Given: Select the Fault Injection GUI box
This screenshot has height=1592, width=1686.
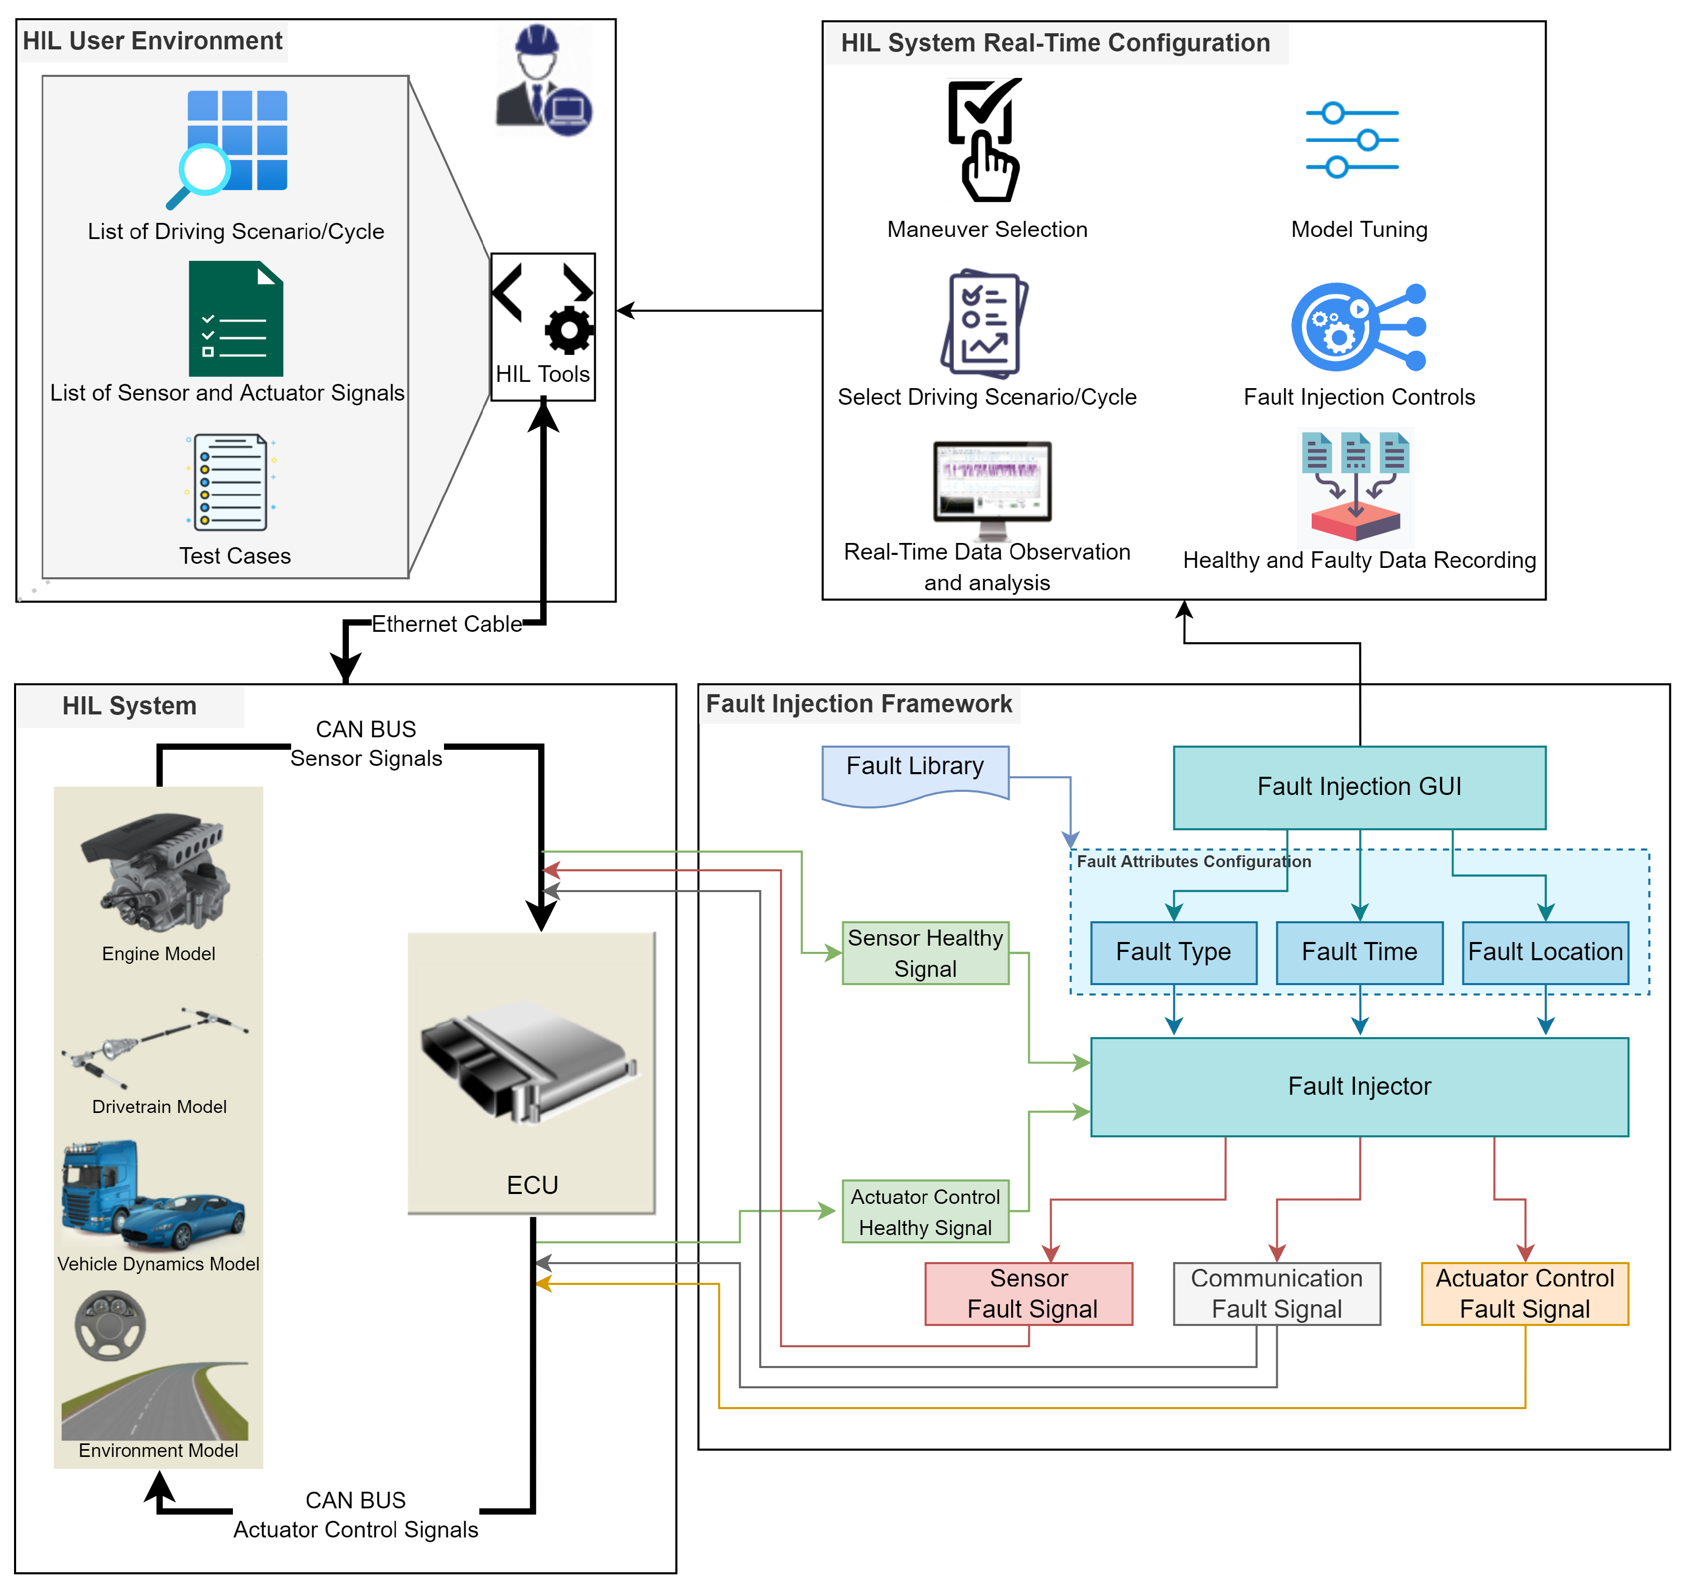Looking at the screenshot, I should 1358,787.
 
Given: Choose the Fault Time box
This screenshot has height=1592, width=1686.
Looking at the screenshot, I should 1358,952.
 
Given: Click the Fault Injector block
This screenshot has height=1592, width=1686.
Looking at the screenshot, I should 1358,1086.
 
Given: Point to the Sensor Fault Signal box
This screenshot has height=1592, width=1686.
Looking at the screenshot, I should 1028,1293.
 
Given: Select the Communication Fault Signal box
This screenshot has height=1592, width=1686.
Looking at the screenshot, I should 1276,1293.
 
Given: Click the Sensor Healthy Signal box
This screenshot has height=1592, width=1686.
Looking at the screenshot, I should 924,953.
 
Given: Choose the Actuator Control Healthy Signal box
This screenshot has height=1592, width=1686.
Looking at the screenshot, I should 924,1212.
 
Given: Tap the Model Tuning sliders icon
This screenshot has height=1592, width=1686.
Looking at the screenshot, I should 1352,139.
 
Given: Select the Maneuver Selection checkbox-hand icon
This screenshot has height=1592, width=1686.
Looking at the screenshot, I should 985,140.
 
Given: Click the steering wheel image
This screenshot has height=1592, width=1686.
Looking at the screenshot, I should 110,1325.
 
